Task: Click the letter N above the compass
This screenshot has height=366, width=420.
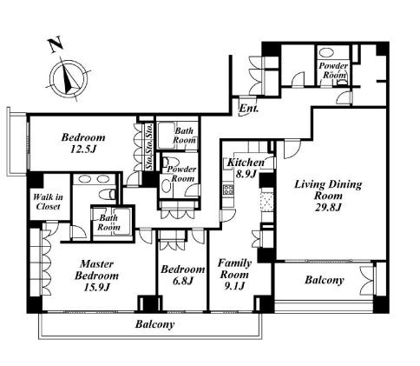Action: pos(56,44)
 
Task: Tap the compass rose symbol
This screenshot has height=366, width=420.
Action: pos(69,79)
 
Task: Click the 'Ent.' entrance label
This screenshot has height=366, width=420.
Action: pos(249,109)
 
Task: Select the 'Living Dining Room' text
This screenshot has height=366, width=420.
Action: pos(328,190)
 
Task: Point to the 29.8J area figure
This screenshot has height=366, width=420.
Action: pos(328,208)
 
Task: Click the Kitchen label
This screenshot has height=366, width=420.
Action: pos(246,163)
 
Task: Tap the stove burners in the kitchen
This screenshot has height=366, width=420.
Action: pos(228,189)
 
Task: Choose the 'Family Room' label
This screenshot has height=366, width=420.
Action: pos(234,269)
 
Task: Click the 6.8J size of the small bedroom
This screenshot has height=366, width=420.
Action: pos(183,281)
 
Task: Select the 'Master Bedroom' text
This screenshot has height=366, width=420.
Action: pos(96,270)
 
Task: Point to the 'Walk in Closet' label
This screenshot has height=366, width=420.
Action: pos(48,202)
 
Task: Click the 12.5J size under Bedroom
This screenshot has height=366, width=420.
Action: pos(83,149)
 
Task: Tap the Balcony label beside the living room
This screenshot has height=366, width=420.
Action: pos(325,280)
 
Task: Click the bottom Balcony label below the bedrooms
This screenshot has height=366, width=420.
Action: pos(154,324)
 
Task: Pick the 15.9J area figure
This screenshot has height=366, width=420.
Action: pos(96,287)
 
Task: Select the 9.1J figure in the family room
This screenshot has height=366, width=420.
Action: pos(234,286)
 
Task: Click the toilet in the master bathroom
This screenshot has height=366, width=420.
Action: pos(107,194)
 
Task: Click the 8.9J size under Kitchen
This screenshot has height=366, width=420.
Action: pos(246,175)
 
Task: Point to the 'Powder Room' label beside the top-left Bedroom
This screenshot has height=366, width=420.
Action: pos(181,174)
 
